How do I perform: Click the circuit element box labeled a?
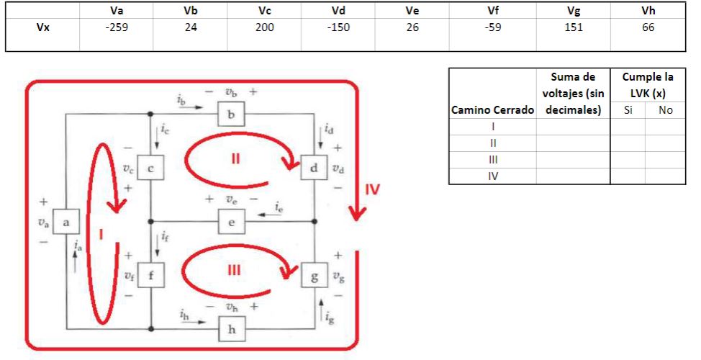pyautogui.click(x=66, y=223)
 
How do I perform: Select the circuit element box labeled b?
pyautogui.click(x=231, y=114)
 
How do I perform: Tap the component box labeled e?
pyautogui.click(x=231, y=221)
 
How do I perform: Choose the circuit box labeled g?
pyautogui.click(x=314, y=275)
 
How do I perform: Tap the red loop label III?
pyautogui.click(x=233, y=270)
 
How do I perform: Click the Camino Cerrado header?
pyautogui.click(x=492, y=110)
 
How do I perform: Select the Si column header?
pyautogui.click(x=628, y=110)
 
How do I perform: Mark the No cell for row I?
pyautogui.click(x=665, y=127)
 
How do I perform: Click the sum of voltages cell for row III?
pyautogui.click(x=573, y=159)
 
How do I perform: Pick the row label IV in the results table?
pyautogui.click(x=492, y=176)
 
